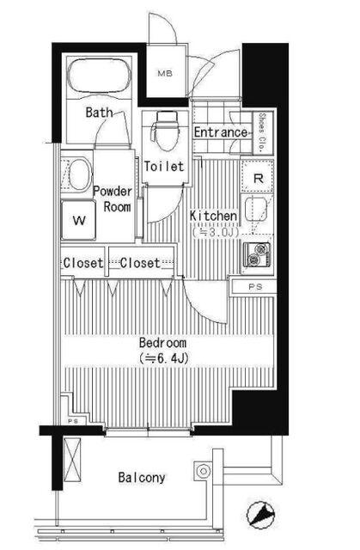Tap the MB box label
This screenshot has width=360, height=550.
click(164, 74)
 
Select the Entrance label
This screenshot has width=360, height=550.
click(221, 132)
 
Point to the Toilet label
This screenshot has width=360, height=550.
click(164, 167)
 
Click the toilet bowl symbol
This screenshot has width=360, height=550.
click(163, 134)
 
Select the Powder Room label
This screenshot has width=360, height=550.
click(112, 199)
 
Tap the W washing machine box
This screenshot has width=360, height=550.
click(79, 220)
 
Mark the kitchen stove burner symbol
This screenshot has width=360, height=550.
click(257, 254)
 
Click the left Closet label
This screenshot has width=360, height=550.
click(83, 263)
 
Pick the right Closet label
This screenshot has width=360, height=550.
click(140, 263)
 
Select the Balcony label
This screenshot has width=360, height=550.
click(142, 477)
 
